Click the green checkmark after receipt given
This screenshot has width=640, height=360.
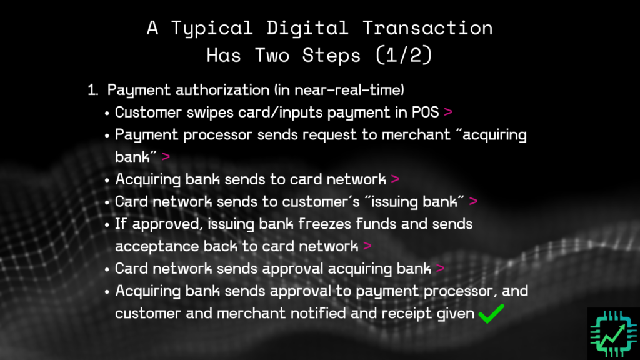[x=491, y=314]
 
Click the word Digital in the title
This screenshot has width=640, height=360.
[x=302, y=28]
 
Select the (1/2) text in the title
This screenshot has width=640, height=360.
[x=402, y=55]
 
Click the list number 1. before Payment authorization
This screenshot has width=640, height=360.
[x=93, y=90]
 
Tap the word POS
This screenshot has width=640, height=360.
[x=426, y=112]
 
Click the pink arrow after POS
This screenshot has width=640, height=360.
[x=447, y=112]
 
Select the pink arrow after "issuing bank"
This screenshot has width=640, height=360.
[x=473, y=202]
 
